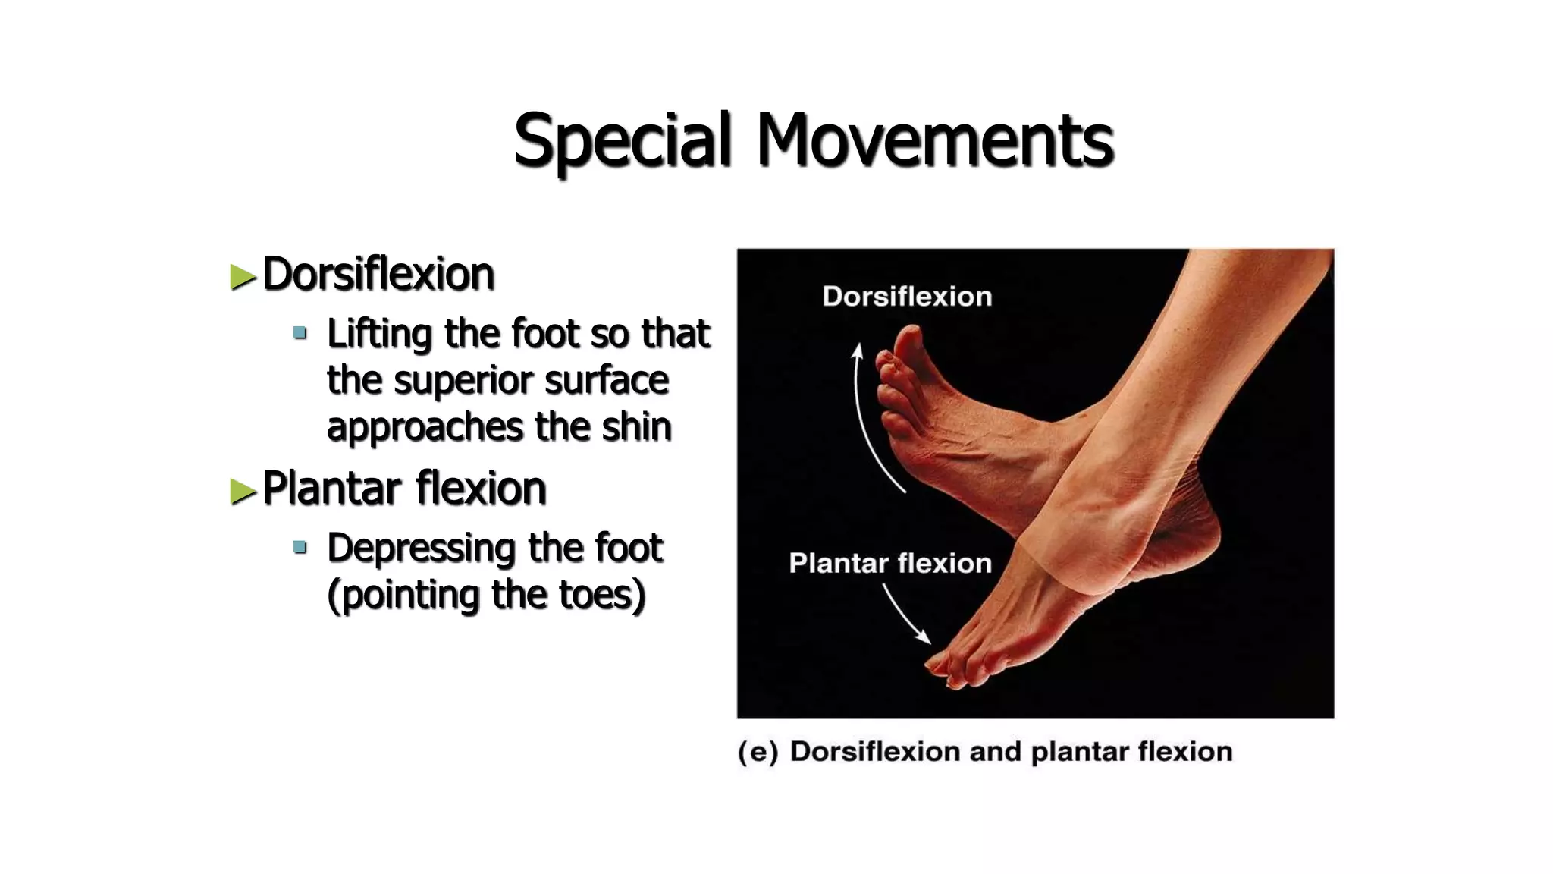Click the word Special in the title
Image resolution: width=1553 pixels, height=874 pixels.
[623, 140]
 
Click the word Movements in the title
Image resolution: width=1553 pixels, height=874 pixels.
[934, 140]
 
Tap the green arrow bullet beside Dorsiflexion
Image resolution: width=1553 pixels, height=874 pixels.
[243, 277]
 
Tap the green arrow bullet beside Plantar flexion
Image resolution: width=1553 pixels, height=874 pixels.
[243, 491]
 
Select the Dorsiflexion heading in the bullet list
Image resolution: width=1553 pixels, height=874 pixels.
[378, 274]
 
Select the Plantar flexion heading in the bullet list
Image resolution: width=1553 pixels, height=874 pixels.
[403, 488]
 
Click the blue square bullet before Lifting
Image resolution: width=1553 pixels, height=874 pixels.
[300, 332]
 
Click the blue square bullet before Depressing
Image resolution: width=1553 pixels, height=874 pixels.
[300, 547]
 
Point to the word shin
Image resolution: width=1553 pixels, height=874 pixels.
[636, 427]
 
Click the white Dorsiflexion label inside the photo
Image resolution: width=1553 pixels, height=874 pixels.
[907, 297]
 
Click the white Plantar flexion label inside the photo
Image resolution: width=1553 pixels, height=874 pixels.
[890, 564]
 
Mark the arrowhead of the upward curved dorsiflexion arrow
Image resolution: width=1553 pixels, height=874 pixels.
[858, 351]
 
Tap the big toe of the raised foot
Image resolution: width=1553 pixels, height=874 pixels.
[909, 338]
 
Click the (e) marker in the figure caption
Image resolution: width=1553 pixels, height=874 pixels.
[758, 752]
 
